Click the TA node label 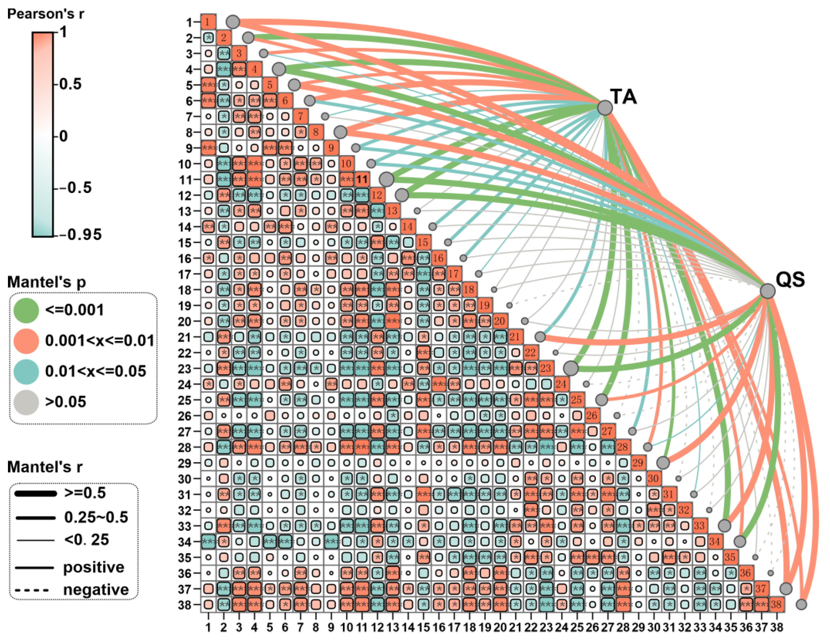pyautogui.click(x=623, y=97)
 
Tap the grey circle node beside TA pyautogui.click(x=605, y=108)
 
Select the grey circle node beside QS pyautogui.click(x=767, y=291)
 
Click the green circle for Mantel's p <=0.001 pyautogui.click(x=26, y=310)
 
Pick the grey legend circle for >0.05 pyautogui.click(x=26, y=402)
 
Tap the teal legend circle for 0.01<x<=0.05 pyautogui.click(x=26, y=371)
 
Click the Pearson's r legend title pyautogui.click(x=45, y=14)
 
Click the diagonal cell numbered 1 pyautogui.click(x=208, y=22)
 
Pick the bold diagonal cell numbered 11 pyautogui.click(x=362, y=179)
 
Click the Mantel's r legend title pyautogui.click(x=45, y=467)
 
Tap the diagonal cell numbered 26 pyautogui.click(x=592, y=415)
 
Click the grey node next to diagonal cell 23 pyautogui.click(x=571, y=368)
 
